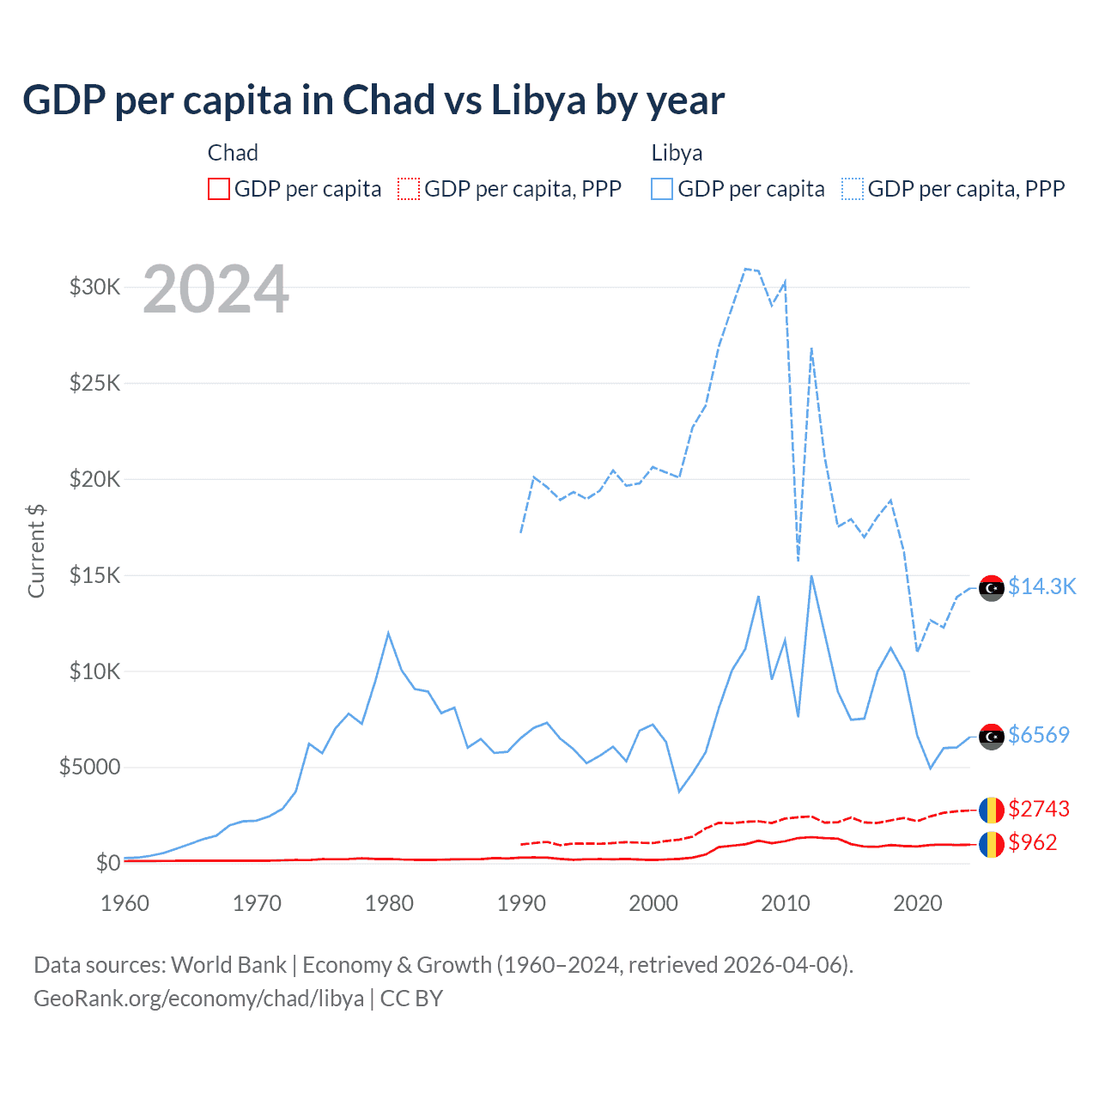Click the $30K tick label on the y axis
click(x=94, y=287)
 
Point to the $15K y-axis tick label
click(x=94, y=575)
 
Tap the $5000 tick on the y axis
click(x=89, y=767)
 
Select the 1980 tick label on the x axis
click(x=389, y=903)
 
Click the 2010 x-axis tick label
click(x=786, y=903)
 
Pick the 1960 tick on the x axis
click(x=124, y=903)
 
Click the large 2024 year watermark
click(x=216, y=289)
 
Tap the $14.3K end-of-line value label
click(x=1041, y=586)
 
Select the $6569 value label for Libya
click(x=1039, y=735)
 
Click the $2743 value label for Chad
click(x=1039, y=809)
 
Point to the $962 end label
click(x=1033, y=842)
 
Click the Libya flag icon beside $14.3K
click(x=992, y=588)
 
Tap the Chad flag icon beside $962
click(x=992, y=844)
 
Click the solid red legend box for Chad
click(x=219, y=189)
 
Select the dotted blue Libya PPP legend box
click(x=853, y=189)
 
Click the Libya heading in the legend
click(x=677, y=153)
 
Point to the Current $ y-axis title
click(x=36, y=551)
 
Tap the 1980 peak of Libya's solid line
click(x=388, y=634)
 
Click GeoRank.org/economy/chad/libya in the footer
click(x=198, y=999)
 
